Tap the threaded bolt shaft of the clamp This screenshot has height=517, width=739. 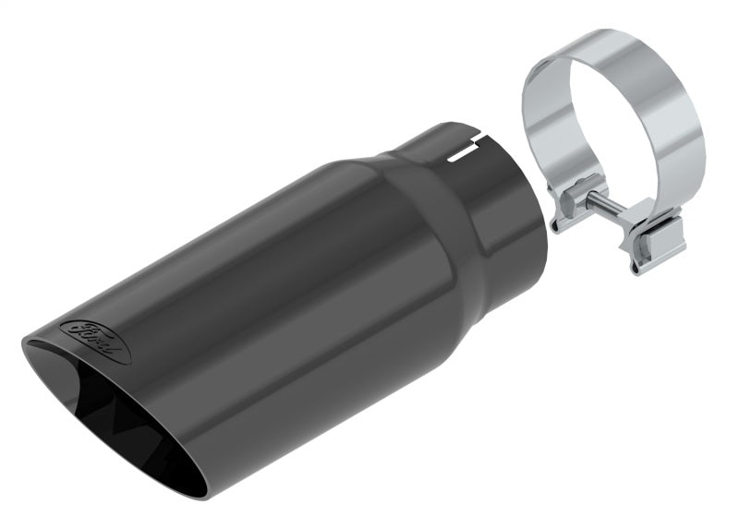coord(600,205)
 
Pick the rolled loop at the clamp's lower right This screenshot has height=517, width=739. coord(647,258)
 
